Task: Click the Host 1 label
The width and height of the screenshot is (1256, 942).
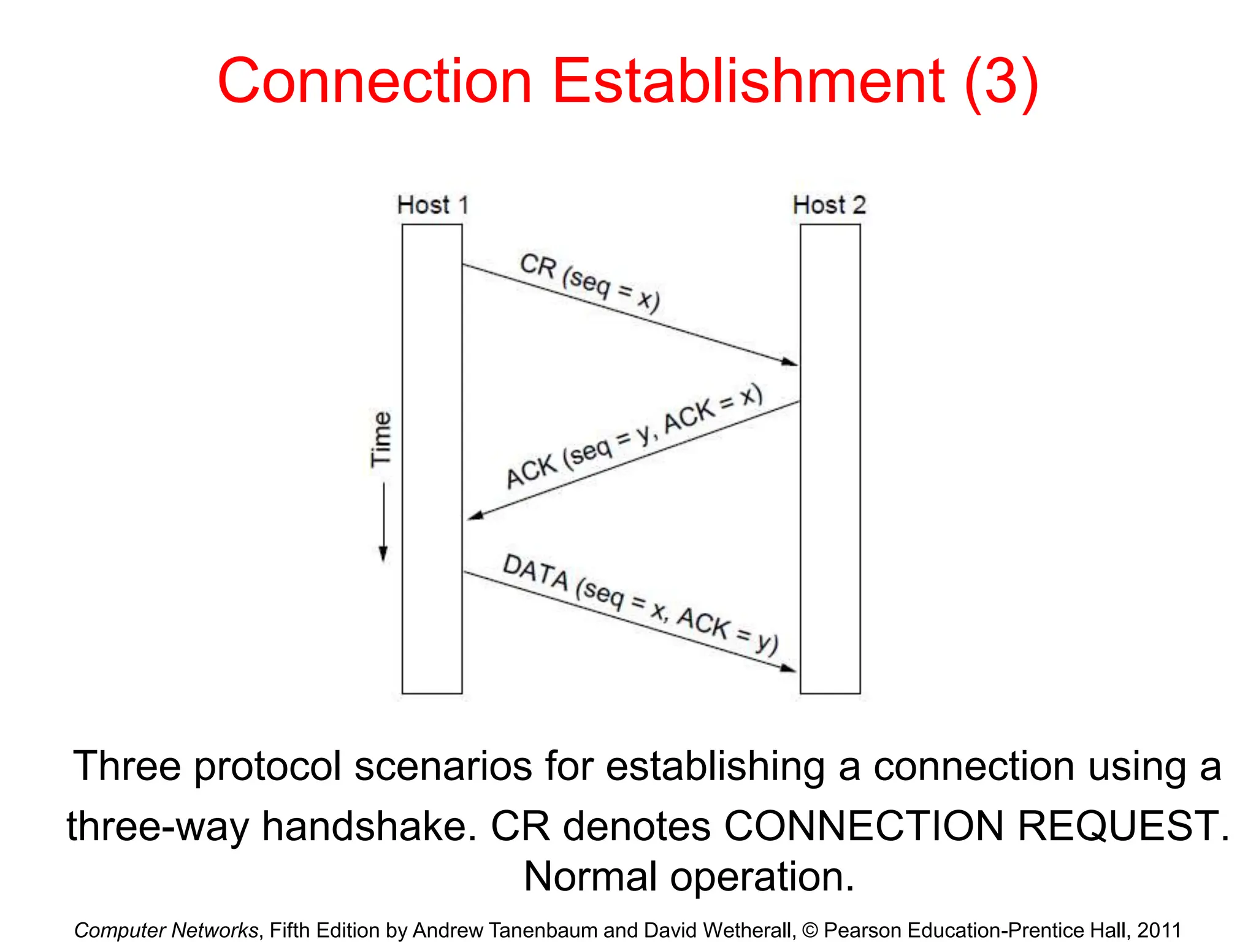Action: (433, 205)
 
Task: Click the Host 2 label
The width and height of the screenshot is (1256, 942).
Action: (829, 205)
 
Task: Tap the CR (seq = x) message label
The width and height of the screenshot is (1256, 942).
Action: (589, 283)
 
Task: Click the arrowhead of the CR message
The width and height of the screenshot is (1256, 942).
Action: (791, 362)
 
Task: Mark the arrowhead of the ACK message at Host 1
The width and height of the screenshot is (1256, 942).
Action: (475, 516)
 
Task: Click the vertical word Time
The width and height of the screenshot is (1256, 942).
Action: (381, 439)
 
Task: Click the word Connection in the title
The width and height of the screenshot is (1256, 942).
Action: (375, 82)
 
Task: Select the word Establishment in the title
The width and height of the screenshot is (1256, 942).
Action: (749, 82)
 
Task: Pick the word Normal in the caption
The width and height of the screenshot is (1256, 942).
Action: (590, 876)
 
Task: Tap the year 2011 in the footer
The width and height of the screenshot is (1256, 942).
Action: (1158, 930)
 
